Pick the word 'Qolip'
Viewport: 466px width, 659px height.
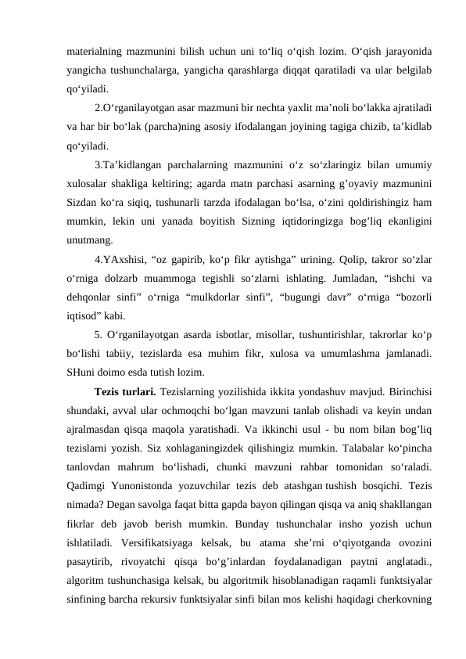pyautogui.click(x=332, y=258)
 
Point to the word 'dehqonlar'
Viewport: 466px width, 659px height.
pyautogui.click(x=91, y=296)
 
